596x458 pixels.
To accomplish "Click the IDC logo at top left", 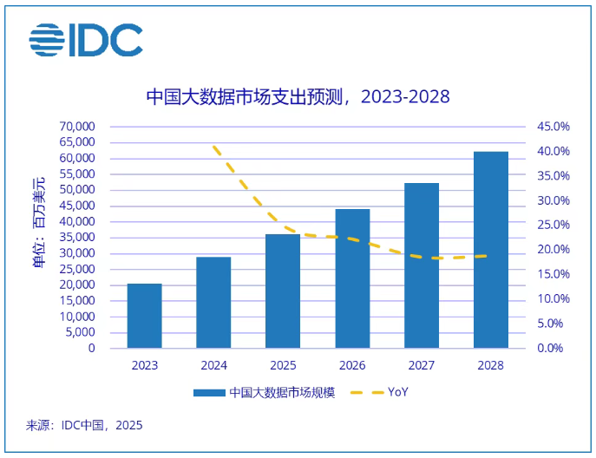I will coord(85,39).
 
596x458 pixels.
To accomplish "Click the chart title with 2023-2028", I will coord(298,95).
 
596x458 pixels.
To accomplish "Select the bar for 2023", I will coord(144,316).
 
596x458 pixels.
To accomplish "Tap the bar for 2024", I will coord(213,303).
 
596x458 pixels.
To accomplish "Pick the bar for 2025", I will coord(283,291).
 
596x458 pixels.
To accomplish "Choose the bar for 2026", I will coord(352,278).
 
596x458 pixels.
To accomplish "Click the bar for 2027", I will coord(422,265).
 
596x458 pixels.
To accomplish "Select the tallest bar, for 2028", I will coord(491,250).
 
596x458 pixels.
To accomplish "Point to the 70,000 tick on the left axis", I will coord(77,127).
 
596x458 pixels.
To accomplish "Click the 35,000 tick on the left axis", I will coord(77,238).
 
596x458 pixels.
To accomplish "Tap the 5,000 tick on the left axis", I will coord(81,332).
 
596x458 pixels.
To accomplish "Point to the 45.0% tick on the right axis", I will coord(553,127).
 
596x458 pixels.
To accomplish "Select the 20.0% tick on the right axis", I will coord(553,250).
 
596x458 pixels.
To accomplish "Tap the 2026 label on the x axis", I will coord(352,365).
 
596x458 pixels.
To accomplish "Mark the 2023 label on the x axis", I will coord(144,365).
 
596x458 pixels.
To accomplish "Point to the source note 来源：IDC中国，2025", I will coord(84,425).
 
